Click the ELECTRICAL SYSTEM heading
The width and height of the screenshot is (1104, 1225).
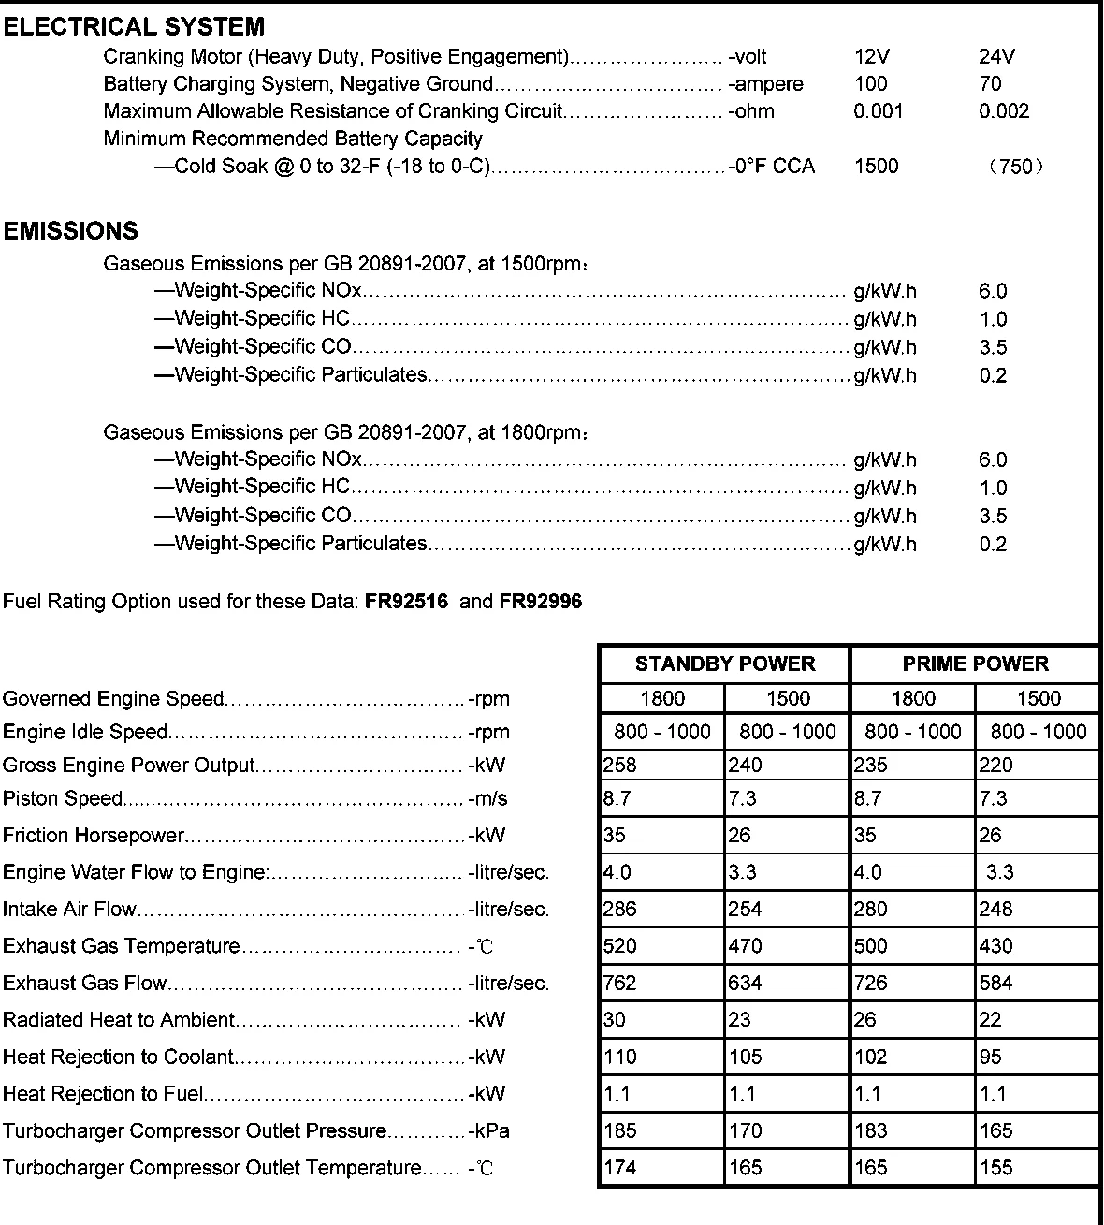(x=134, y=27)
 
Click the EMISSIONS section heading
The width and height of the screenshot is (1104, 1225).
(x=71, y=231)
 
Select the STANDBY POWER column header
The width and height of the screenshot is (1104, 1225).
(x=724, y=664)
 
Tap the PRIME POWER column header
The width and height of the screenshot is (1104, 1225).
(x=975, y=664)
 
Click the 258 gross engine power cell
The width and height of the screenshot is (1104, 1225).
(x=620, y=766)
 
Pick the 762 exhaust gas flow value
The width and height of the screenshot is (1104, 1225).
(x=620, y=984)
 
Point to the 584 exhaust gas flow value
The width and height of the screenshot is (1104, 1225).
(x=995, y=984)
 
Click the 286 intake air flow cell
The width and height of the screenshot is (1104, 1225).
(x=620, y=910)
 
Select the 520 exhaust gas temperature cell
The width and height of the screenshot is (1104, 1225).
(x=620, y=946)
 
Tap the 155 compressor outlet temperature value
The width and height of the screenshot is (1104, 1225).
(x=995, y=1168)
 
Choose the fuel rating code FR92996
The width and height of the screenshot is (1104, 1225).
(x=541, y=602)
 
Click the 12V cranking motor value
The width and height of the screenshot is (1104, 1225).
(x=872, y=57)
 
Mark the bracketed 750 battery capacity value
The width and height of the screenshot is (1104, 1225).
(x=1015, y=168)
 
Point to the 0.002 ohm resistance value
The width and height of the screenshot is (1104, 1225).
(x=1004, y=111)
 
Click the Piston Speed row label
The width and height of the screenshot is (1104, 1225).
(x=63, y=799)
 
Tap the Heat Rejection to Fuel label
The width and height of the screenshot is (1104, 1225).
(x=103, y=1094)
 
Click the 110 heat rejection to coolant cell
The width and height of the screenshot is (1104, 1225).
(x=620, y=1057)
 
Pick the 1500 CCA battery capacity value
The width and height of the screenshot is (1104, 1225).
(x=876, y=167)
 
